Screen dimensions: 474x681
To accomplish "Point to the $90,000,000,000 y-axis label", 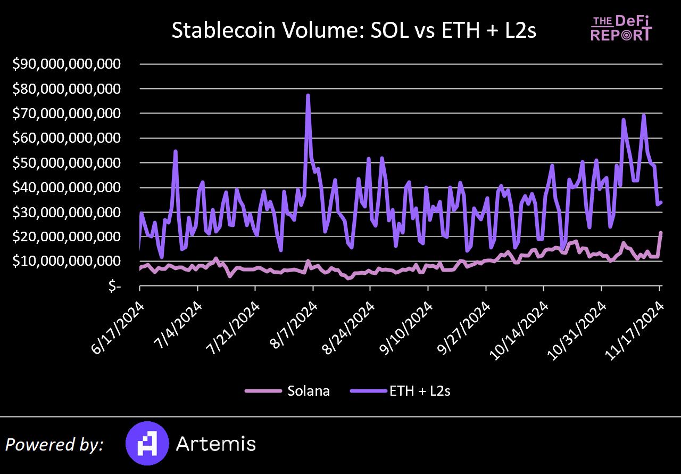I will (x=67, y=64).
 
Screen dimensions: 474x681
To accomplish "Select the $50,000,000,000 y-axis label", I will (x=67, y=162).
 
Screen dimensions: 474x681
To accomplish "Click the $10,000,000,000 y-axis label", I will (x=67, y=261).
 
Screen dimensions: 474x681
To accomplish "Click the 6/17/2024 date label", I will (x=118, y=324).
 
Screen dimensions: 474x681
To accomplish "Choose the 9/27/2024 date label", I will (x=465, y=324).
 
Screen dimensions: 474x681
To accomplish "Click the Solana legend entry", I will (x=287, y=391).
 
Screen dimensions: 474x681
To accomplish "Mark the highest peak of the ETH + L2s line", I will (x=308, y=96).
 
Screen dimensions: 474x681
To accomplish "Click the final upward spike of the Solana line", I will (x=660, y=233).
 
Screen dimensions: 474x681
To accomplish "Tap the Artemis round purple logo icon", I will (x=147, y=444).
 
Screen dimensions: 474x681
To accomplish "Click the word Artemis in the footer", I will (x=216, y=444).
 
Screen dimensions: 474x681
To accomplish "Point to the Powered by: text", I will (x=55, y=445).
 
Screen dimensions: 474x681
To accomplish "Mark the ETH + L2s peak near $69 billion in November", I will (x=644, y=116).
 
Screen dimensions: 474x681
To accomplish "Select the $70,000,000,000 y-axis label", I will (x=67, y=113).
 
